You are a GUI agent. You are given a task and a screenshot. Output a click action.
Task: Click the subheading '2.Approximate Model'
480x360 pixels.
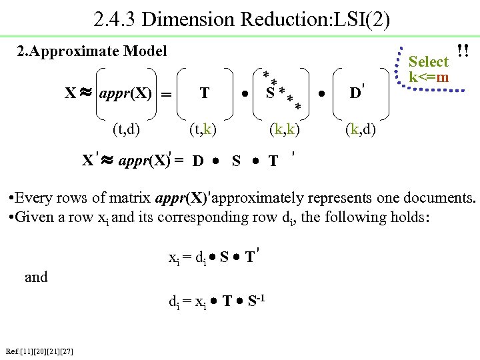(92, 51)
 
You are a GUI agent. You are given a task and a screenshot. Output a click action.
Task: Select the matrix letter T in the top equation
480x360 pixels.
(205, 93)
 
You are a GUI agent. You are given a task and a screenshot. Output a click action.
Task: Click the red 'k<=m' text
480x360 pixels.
(429, 78)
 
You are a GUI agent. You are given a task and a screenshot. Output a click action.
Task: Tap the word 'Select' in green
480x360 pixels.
(428, 62)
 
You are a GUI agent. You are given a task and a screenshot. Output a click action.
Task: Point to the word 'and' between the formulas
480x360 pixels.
(36, 277)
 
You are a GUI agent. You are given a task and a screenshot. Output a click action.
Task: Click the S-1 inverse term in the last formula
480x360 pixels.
(257, 301)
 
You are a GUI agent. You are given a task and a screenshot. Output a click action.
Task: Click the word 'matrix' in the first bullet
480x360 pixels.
(127, 198)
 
